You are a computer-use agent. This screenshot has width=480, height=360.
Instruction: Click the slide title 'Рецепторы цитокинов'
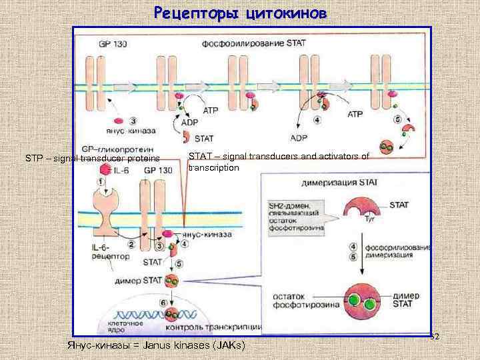coord(240,13)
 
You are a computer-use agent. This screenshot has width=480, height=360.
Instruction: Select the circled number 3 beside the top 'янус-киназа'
coord(134,121)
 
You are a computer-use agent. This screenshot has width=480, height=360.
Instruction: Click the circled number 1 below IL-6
coord(101,182)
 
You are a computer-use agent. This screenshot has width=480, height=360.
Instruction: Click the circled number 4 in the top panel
coord(317,121)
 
